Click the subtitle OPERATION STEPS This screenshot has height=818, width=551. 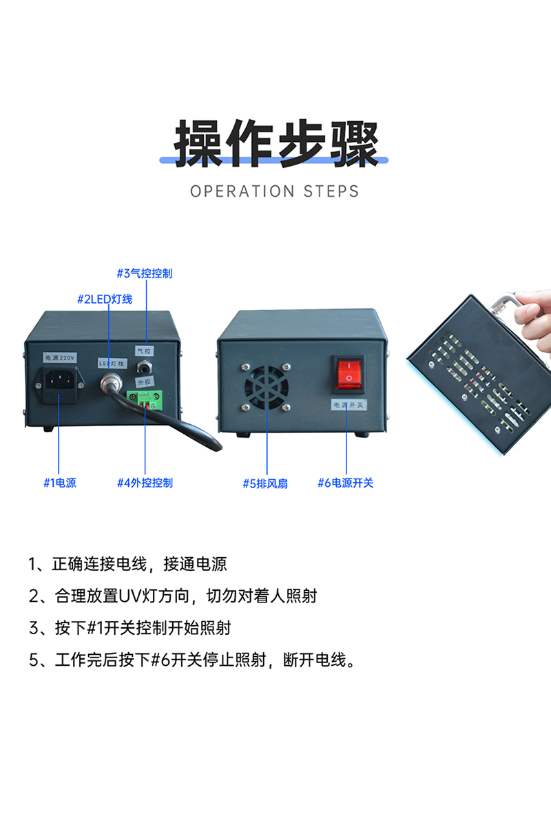coord(275,191)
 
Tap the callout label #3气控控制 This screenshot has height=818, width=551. coord(144,273)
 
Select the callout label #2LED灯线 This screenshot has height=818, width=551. coord(104,299)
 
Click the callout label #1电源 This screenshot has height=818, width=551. coord(60,483)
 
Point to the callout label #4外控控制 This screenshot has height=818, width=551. coord(145,483)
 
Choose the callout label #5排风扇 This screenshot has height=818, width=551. coord(265,483)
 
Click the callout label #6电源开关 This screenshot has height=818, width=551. coord(345,483)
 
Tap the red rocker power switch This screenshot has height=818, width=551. coord(349,372)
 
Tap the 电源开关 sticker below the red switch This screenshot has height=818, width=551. coord(350,405)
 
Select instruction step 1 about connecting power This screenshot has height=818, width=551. coord(127,564)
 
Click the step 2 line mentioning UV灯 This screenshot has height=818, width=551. coord(172,596)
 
